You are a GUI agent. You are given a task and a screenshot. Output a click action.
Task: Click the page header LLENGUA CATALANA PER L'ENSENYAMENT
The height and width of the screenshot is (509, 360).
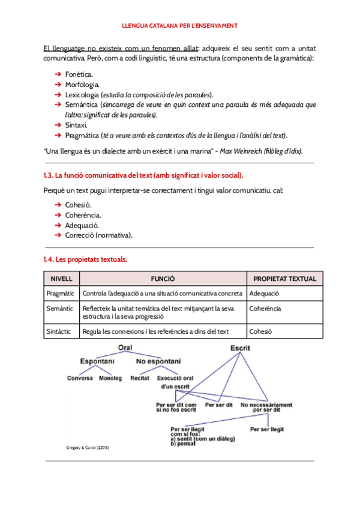click(180, 26)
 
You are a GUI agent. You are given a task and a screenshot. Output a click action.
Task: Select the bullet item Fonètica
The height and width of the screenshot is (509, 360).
click(79, 74)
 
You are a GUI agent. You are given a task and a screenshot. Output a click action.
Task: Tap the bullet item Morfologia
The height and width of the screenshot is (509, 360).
click(82, 84)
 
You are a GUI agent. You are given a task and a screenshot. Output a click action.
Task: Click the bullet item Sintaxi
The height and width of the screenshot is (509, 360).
click(76, 125)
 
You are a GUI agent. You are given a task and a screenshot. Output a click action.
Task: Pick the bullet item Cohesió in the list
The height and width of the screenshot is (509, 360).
click(78, 205)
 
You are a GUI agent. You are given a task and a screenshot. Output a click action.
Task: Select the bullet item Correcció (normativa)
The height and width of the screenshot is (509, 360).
click(99, 235)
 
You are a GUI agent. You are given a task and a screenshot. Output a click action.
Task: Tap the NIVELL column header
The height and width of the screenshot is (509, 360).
click(61, 279)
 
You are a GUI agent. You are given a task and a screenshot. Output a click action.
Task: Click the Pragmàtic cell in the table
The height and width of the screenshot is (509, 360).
click(61, 294)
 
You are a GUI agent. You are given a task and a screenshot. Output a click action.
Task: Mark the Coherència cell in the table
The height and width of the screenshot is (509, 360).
click(265, 309)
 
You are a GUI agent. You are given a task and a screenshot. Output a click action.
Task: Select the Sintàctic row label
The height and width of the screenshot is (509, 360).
click(60, 331)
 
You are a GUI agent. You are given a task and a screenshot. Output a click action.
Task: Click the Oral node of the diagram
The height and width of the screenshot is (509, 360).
click(125, 348)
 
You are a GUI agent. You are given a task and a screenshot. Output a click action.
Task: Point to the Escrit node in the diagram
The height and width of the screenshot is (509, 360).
click(241, 349)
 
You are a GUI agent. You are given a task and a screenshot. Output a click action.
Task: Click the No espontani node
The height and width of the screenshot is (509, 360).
click(158, 361)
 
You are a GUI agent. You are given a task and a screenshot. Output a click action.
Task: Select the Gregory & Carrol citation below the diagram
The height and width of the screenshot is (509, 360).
click(88, 448)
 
